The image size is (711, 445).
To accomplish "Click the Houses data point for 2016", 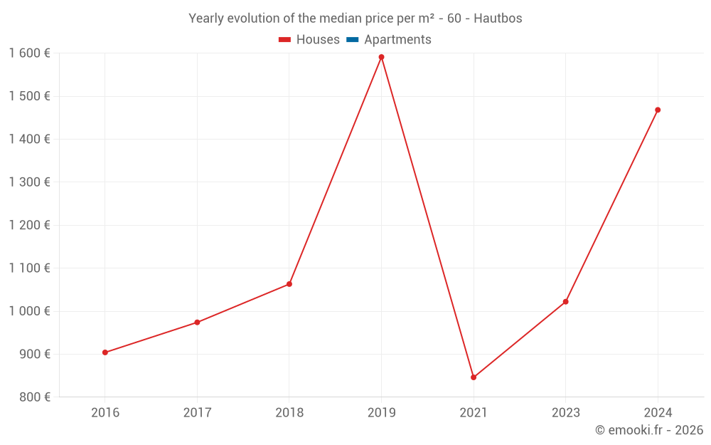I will click(105, 352).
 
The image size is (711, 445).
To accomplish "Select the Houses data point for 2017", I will click(197, 323).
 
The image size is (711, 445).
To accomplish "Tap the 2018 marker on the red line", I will click(289, 284).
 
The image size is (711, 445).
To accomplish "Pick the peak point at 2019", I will click(381, 57).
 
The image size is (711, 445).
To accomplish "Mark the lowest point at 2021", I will click(474, 377).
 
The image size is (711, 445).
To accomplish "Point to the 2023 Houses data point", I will click(565, 302).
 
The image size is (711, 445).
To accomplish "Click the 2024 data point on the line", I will click(658, 110).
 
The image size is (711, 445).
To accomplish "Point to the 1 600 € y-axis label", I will click(29, 53).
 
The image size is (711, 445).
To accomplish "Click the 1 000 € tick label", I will click(29, 311).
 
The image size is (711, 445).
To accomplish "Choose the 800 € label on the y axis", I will click(33, 397).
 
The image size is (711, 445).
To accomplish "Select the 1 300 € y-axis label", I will click(29, 182).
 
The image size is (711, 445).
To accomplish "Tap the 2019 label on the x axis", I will click(381, 412).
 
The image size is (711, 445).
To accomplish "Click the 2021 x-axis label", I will click(474, 412).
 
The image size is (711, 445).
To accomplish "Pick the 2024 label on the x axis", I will click(658, 412).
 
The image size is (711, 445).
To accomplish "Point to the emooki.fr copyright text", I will click(649, 430).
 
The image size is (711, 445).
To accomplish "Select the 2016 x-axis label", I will click(105, 412).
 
